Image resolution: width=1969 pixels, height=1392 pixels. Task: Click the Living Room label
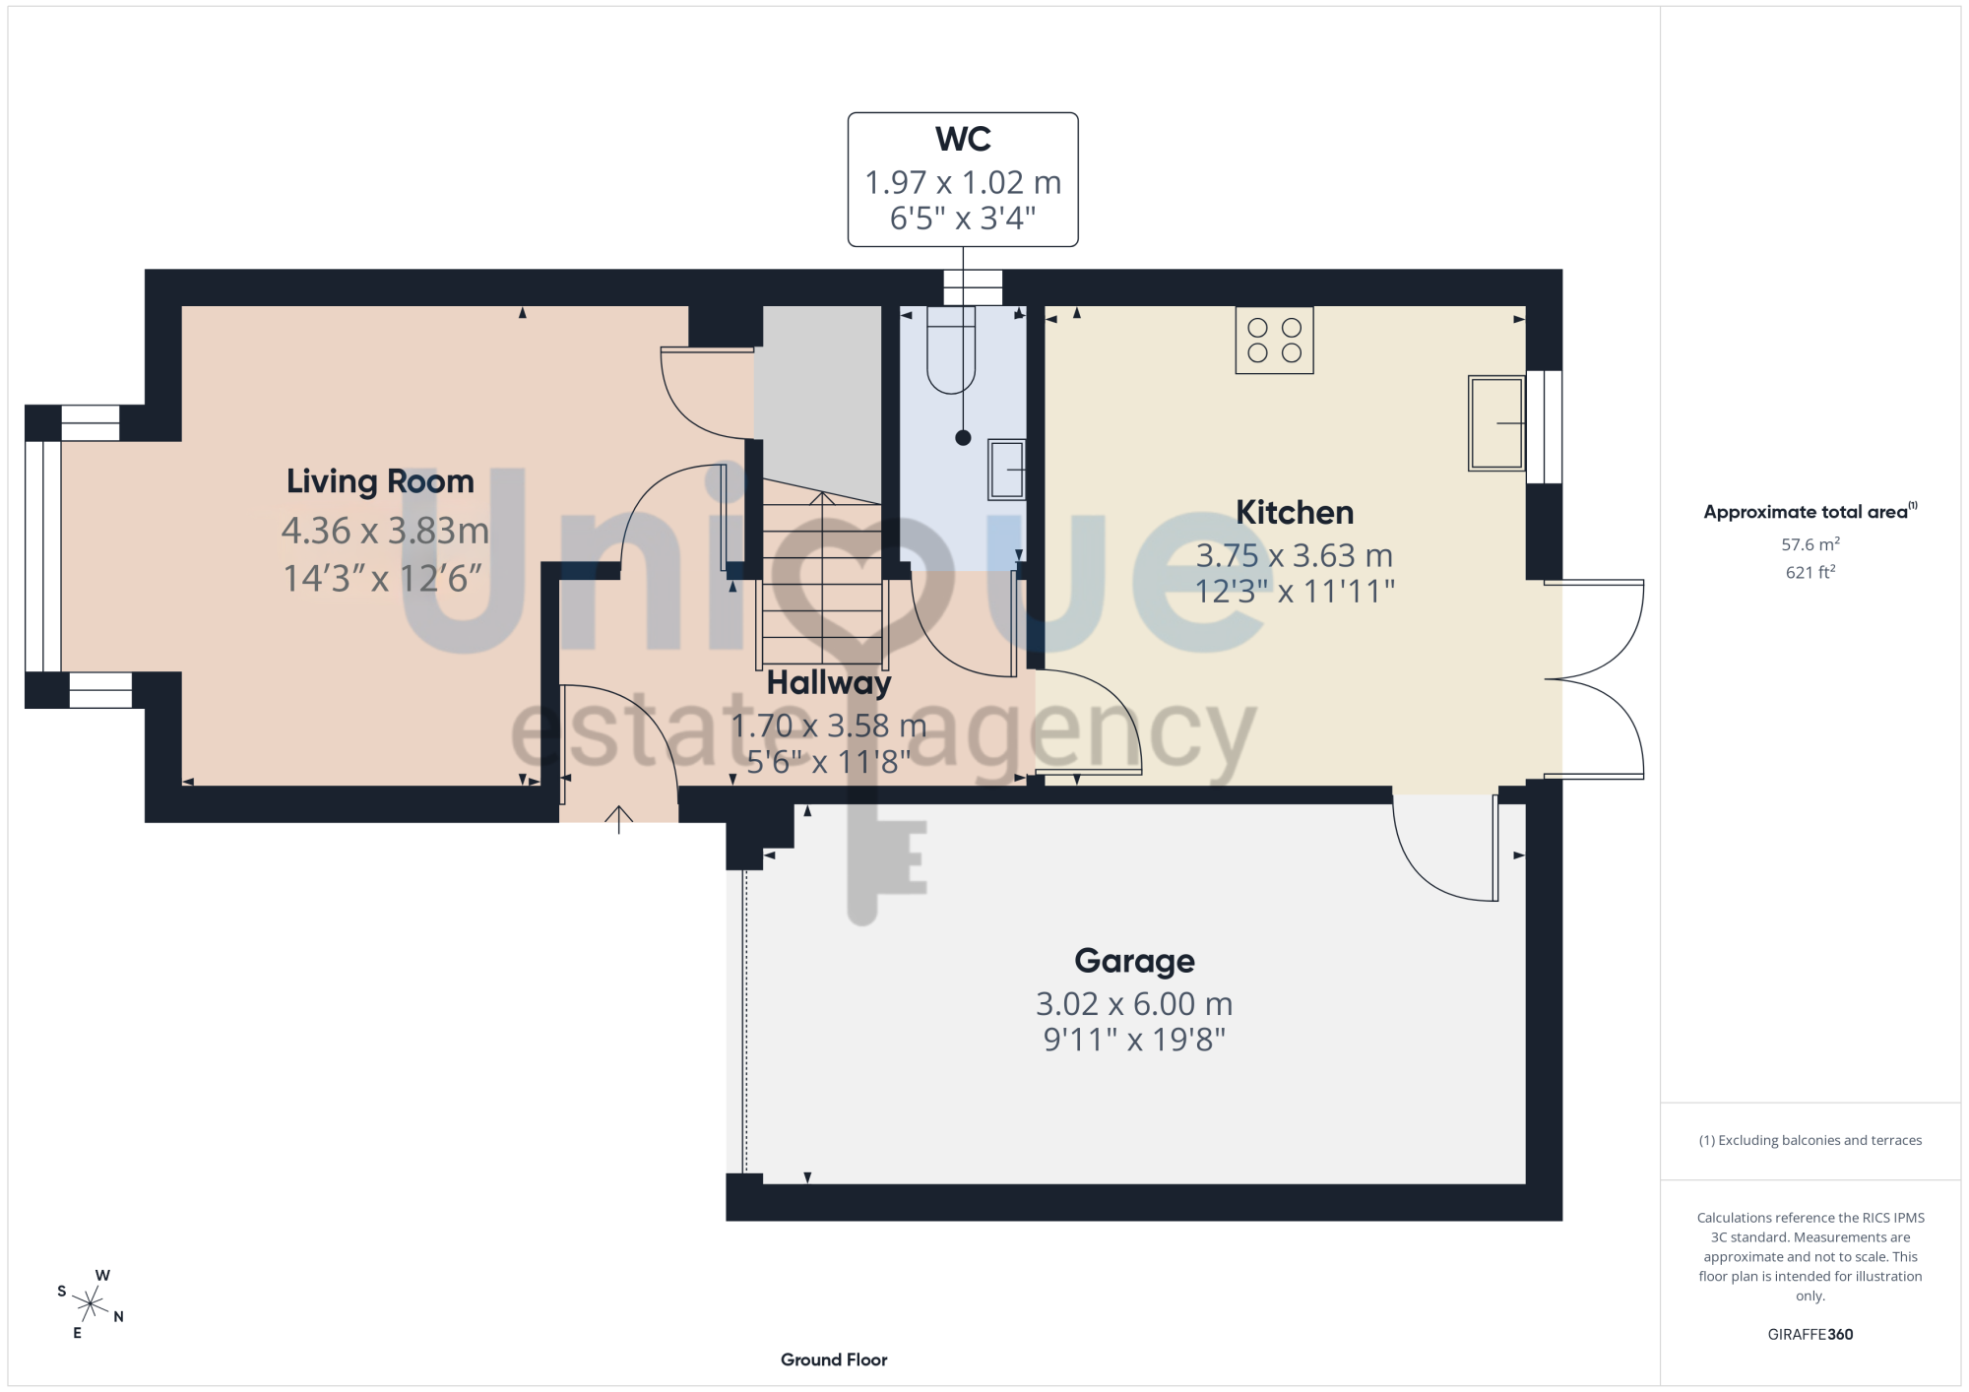(x=380, y=481)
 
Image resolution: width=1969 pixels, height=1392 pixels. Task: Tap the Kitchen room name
(x=1295, y=512)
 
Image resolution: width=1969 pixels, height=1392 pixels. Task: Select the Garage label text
(x=1134, y=961)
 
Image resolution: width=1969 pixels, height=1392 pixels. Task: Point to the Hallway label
(x=829, y=683)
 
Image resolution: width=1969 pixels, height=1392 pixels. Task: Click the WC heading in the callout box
(x=963, y=139)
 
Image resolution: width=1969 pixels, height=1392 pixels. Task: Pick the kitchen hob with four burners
(x=1275, y=341)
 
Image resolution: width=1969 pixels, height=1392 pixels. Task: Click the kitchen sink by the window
(x=1496, y=423)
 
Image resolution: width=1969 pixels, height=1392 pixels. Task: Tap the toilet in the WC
(x=951, y=349)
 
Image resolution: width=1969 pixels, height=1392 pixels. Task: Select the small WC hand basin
(x=1007, y=469)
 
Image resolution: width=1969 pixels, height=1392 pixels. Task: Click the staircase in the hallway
(x=822, y=581)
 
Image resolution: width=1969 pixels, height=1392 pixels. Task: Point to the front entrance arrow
(x=618, y=819)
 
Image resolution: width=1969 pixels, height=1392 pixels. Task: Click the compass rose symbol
(x=90, y=1305)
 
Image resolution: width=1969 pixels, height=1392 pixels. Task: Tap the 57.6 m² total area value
(x=1810, y=544)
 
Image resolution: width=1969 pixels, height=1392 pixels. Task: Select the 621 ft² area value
(x=1810, y=572)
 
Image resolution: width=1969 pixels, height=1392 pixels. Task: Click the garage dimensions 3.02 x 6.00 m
(x=1134, y=1004)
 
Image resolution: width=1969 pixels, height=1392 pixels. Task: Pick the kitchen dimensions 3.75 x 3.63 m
(x=1295, y=556)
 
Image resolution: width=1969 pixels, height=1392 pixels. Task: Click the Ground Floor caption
(x=834, y=1360)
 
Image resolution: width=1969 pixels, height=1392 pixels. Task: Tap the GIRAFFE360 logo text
(x=1810, y=1335)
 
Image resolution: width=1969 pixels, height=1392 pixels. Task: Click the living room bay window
(x=43, y=556)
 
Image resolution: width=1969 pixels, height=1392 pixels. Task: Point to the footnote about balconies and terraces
(x=1810, y=1140)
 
